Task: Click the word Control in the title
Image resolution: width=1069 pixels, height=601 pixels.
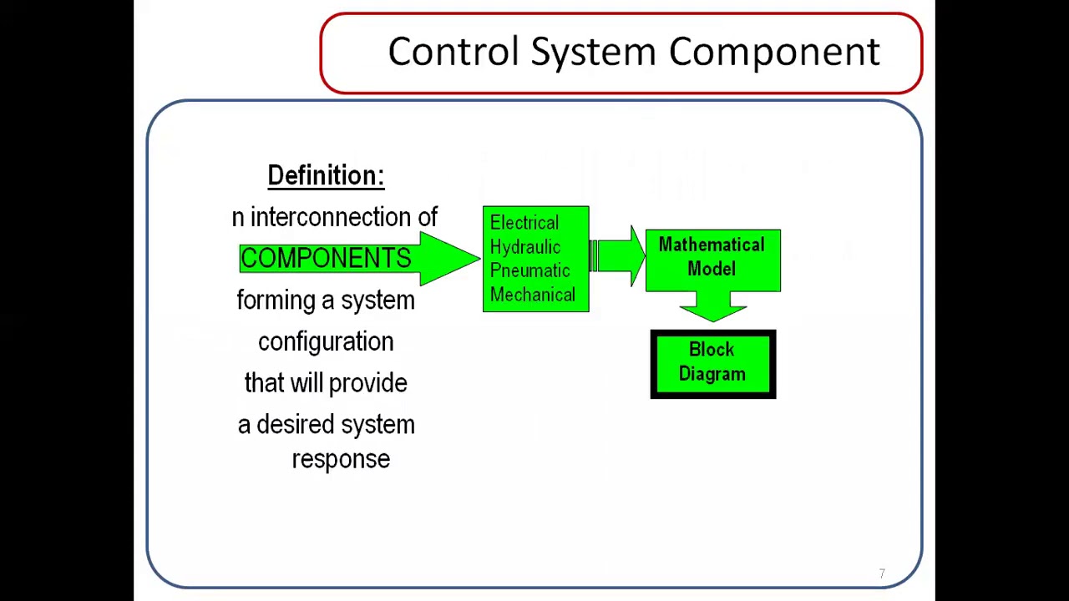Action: [x=453, y=52]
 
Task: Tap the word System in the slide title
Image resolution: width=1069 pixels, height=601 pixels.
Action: [x=593, y=52]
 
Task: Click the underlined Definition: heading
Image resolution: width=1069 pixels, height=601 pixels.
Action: [x=326, y=175]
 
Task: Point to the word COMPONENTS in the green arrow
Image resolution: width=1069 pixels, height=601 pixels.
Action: [x=325, y=259]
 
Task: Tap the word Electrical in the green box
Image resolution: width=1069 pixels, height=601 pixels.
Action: [x=524, y=223]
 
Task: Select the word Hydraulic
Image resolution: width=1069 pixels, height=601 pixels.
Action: [x=525, y=247]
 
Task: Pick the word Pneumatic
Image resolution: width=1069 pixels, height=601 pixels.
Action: [x=529, y=271]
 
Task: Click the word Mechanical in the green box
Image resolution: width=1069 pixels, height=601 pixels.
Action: [x=533, y=295]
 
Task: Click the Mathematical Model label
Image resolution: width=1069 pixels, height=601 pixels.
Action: [x=712, y=256]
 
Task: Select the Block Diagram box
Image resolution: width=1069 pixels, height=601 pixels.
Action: [x=712, y=364]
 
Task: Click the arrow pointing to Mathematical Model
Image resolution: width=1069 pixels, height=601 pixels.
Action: [x=620, y=255]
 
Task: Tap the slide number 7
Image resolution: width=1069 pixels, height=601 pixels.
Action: [x=882, y=573]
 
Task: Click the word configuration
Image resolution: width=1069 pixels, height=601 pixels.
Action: [x=326, y=342]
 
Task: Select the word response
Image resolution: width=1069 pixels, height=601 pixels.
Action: [x=341, y=460]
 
